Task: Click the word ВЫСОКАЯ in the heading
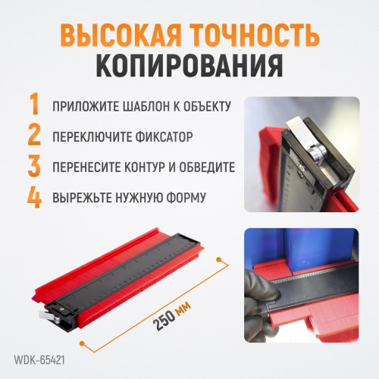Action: (x=121, y=36)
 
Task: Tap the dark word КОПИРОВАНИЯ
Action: (x=189, y=65)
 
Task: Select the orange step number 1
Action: (x=35, y=104)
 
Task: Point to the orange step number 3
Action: (x=34, y=165)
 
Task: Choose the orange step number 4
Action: (x=34, y=196)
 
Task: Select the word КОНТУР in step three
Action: (x=143, y=168)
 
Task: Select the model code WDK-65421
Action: (x=39, y=360)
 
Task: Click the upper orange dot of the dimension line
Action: (x=219, y=259)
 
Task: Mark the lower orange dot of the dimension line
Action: (x=82, y=343)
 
